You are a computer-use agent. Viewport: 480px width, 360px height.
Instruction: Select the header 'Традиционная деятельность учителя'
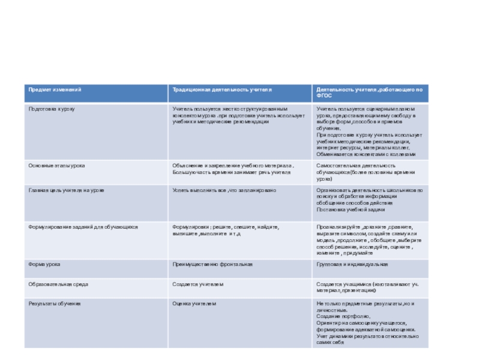click(222, 89)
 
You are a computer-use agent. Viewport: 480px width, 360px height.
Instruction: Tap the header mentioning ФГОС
click(370, 92)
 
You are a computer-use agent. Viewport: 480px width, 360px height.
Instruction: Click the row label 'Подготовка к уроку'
click(52, 109)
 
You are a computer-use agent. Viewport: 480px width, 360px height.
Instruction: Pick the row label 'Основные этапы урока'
click(57, 165)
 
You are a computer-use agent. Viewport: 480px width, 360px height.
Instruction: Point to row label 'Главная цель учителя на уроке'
click(67, 190)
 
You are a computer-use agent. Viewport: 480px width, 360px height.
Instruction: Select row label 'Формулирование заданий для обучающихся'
click(83, 227)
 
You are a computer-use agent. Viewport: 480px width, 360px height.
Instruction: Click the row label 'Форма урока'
click(44, 264)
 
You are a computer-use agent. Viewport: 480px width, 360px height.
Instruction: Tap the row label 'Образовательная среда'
click(56, 284)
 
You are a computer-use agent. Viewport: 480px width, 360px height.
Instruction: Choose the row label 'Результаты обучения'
click(55, 304)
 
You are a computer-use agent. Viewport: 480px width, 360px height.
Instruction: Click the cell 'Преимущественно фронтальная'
click(212, 264)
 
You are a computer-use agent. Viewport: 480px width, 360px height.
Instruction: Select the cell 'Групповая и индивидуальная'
click(352, 264)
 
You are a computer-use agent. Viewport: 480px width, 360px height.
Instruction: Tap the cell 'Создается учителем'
click(197, 284)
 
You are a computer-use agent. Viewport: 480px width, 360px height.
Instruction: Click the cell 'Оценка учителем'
click(194, 304)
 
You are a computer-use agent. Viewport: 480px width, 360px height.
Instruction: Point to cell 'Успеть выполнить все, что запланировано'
click(224, 190)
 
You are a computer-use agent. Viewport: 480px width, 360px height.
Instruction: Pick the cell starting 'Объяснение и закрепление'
click(233, 169)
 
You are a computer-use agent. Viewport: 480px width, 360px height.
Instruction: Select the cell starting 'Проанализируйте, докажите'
click(369, 240)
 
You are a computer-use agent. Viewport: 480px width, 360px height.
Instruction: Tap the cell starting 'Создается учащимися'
click(367, 287)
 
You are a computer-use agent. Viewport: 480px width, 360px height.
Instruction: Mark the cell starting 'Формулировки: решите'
click(226, 231)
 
